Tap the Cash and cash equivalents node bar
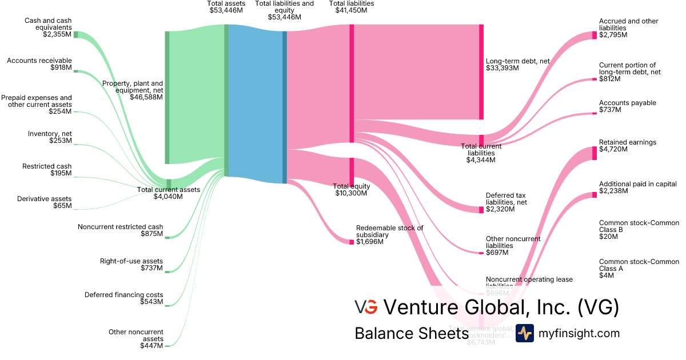75,34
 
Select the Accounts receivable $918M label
39,64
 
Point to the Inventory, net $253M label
50,137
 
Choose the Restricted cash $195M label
47,170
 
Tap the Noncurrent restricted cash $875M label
120,230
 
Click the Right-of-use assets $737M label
131,264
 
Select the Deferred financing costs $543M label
123,298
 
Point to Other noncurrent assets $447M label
136,338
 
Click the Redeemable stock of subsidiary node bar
352,242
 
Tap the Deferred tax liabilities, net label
506,202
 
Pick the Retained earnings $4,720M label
627,146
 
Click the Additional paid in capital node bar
595,195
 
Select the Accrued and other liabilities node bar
595,35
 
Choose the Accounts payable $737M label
627,106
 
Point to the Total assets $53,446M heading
226,7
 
